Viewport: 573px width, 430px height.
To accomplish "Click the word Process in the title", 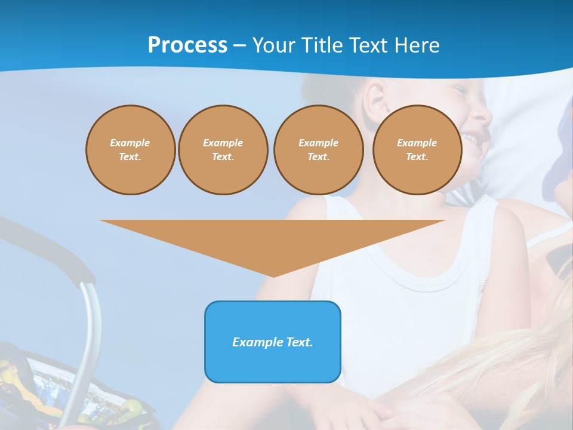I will [187, 45].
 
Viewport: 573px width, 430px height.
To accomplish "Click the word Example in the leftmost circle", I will [130, 143].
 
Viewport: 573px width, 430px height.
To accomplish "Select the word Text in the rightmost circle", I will [417, 156].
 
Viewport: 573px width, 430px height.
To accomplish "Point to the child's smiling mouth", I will [472, 140].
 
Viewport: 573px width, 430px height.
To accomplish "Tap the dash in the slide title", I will [240, 45].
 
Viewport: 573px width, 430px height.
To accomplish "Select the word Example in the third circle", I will [318, 143].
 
